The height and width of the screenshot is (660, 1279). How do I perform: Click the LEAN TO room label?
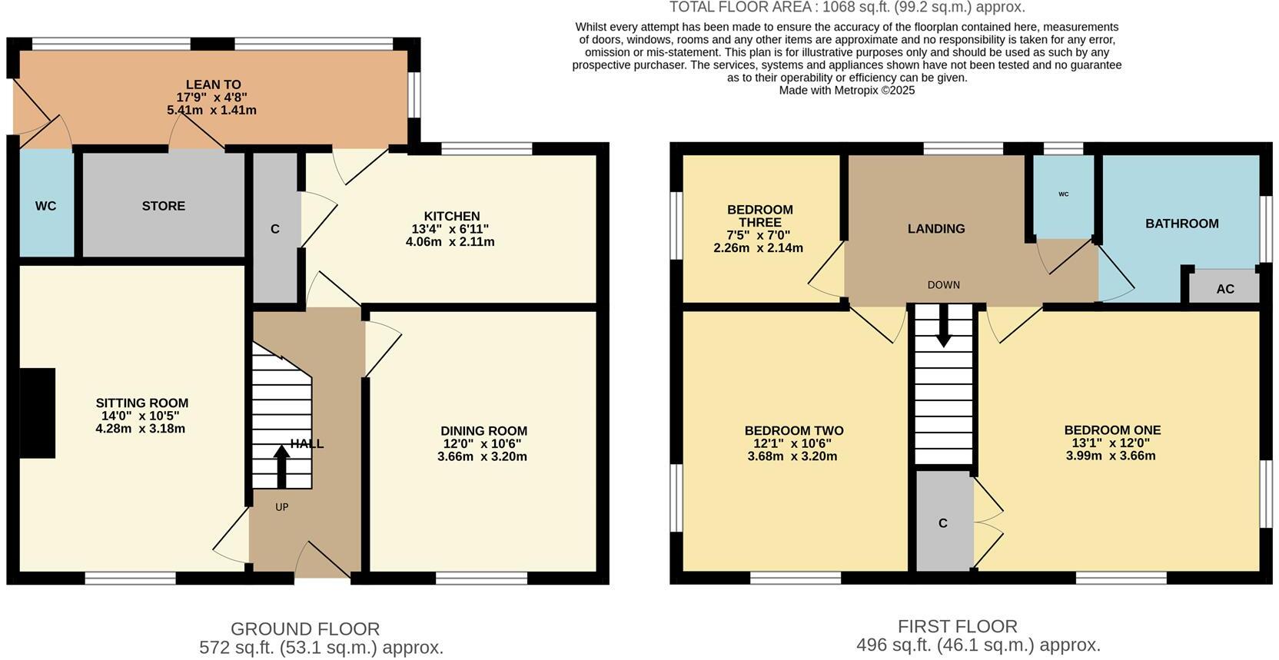213,85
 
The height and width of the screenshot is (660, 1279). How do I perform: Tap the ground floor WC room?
46,206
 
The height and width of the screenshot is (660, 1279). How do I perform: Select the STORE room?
163,206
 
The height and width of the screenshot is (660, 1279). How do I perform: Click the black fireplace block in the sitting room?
37,413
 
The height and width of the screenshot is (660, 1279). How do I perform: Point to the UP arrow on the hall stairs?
281,466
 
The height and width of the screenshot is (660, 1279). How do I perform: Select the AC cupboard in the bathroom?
1224,289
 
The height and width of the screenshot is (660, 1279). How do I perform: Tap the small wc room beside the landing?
1063,195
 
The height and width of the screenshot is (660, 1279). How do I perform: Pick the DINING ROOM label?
483,431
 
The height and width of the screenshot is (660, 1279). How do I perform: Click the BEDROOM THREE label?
759,216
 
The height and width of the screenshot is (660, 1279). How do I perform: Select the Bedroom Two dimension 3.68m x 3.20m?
792,456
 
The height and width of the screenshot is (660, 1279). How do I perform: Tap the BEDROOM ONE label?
1111,430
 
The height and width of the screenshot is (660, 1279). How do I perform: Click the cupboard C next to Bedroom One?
943,523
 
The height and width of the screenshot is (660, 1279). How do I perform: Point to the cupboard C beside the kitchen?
275,229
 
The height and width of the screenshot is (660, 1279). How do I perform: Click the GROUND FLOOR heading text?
305,629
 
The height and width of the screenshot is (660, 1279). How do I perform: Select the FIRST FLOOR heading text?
957,626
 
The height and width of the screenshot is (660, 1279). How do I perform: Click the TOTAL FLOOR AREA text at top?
846,8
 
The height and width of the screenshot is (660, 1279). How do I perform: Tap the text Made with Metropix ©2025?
846,90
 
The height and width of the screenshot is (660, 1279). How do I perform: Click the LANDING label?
935,229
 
